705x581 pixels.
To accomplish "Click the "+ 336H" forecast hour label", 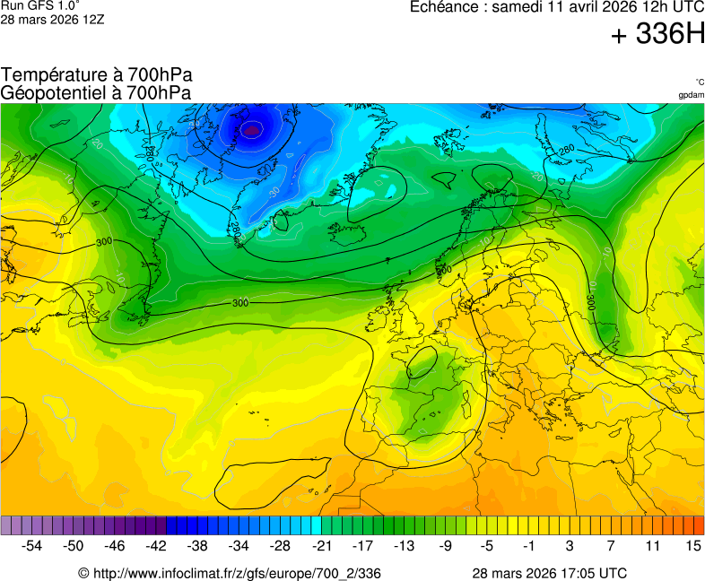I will tap(657, 35).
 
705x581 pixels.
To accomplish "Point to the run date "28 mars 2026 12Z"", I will tap(52, 19).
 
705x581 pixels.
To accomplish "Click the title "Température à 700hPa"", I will tap(97, 75).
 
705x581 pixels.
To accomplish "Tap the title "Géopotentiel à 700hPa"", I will tap(96, 92).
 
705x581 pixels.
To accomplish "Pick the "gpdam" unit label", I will tap(691, 95).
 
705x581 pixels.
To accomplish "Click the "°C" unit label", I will tap(699, 82).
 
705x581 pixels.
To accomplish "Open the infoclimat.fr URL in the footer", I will tap(230, 573).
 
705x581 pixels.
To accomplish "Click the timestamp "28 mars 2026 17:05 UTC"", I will tap(549, 573).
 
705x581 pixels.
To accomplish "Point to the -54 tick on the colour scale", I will tap(32, 545).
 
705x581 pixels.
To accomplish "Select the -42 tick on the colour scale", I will tap(156, 545).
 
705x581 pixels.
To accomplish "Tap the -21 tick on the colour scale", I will tap(321, 545).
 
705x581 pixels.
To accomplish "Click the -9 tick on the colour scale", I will tap(445, 545).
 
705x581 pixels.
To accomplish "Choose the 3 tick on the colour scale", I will tap(570, 545).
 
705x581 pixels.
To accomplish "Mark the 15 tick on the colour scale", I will tap(692, 545).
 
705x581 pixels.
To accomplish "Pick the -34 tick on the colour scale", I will tap(239, 545).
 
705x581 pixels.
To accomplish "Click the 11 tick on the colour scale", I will tap(651, 545).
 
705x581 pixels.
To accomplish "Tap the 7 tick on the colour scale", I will tap(611, 545).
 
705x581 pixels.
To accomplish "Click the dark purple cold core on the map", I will tap(252, 130).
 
